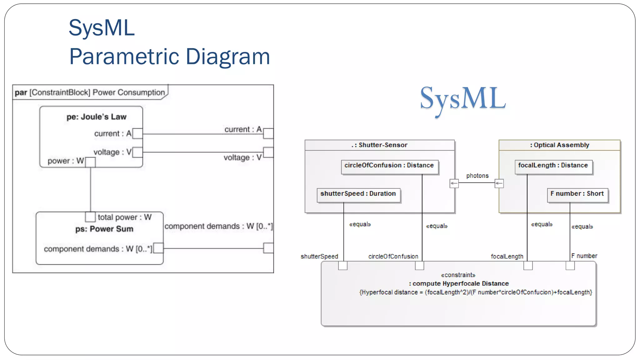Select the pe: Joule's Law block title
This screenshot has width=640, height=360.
[x=96, y=117]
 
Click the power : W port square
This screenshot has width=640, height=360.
[x=90, y=162]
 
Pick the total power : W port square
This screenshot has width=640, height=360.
[x=90, y=217]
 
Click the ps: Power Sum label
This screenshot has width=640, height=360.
[x=104, y=229]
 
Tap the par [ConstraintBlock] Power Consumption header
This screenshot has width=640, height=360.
[x=90, y=92]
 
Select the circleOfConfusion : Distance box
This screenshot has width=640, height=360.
[x=389, y=166]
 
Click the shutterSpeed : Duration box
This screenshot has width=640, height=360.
[x=358, y=194]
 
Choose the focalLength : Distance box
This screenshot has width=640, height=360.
[x=553, y=166]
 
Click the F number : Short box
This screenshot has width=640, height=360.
[x=577, y=194]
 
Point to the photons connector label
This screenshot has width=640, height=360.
[x=477, y=176]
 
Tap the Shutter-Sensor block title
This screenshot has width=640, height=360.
[x=380, y=145]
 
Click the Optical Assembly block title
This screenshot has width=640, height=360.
[x=559, y=145]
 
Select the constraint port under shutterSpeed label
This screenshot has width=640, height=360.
[x=343, y=266]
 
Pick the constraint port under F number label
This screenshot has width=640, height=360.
[x=570, y=266]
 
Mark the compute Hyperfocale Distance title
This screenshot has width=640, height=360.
[x=459, y=284]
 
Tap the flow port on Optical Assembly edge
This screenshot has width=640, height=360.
[x=499, y=183]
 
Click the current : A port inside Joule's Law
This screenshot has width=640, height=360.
[x=137, y=133]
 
